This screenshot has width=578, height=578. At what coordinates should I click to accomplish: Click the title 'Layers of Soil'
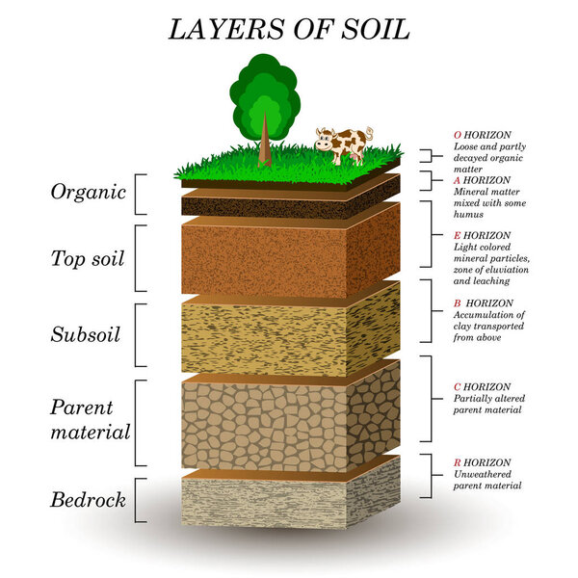tap(289, 29)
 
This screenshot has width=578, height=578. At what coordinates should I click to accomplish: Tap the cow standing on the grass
tap(344, 144)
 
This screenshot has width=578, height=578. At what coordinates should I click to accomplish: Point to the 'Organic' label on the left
tap(89, 192)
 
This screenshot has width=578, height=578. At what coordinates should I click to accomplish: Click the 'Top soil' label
tap(88, 257)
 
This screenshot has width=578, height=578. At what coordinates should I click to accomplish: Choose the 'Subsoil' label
tap(87, 334)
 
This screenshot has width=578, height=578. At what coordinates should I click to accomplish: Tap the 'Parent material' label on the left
tap(90, 418)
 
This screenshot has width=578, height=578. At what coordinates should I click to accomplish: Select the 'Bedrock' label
tap(88, 499)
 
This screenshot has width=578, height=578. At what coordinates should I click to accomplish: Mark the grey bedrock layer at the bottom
tap(279, 503)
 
